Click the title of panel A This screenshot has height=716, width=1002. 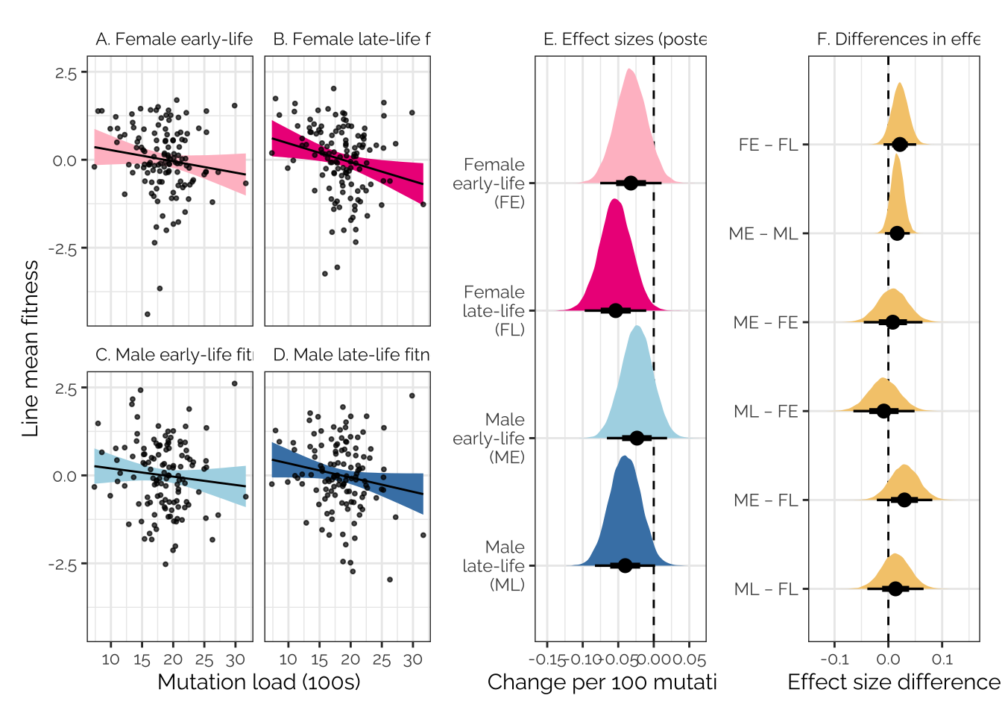click(174, 40)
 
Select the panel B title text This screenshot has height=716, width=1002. click(351, 40)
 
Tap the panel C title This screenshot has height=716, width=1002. click(174, 355)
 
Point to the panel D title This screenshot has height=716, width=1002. click(351, 355)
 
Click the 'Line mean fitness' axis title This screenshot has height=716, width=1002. click(31, 348)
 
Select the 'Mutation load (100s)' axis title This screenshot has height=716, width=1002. click(259, 682)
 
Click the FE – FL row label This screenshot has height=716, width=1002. click(768, 145)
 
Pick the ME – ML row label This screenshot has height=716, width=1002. click(763, 233)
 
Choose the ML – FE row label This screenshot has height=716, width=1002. click(766, 411)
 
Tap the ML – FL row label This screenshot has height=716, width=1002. click(766, 589)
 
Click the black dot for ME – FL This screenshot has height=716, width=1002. click(904, 500)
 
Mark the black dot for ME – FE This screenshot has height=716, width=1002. click(893, 322)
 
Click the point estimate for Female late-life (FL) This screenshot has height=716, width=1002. click(616, 310)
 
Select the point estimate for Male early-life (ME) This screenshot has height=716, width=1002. click(637, 438)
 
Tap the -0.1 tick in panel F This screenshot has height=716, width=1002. click(834, 659)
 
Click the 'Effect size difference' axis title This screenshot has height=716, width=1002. click(893, 682)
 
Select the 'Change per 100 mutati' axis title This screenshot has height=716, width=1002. click(601, 682)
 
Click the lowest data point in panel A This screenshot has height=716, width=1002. click(147, 314)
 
